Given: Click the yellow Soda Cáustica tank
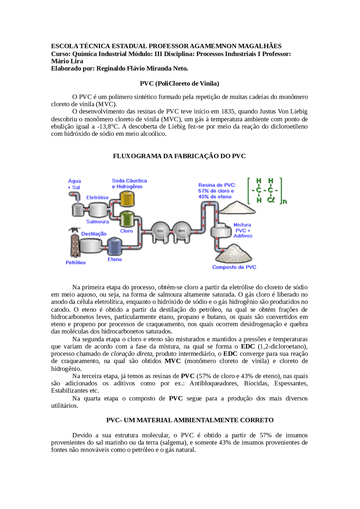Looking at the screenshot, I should click(127, 199).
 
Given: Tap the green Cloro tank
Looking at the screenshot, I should click(127, 219).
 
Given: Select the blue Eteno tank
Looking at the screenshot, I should click(114, 246).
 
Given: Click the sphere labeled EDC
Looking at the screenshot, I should click(160, 231).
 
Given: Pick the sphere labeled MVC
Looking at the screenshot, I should click(182, 231).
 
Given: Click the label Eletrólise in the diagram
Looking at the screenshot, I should click(97, 198).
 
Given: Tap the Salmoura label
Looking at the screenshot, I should click(97, 222).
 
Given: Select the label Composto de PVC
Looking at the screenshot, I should click(234, 267).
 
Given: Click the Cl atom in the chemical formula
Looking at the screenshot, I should click(271, 200).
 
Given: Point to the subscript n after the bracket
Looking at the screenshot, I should click(285, 201).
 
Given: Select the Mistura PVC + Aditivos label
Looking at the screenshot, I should click(242, 230).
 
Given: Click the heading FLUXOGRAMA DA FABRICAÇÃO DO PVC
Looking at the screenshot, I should click(179, 156).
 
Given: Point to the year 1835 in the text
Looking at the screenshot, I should click(228, 112).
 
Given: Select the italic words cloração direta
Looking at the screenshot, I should click(131, 354).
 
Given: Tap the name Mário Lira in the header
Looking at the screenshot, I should click(67, 61).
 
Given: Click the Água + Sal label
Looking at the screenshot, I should click(74, 184).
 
